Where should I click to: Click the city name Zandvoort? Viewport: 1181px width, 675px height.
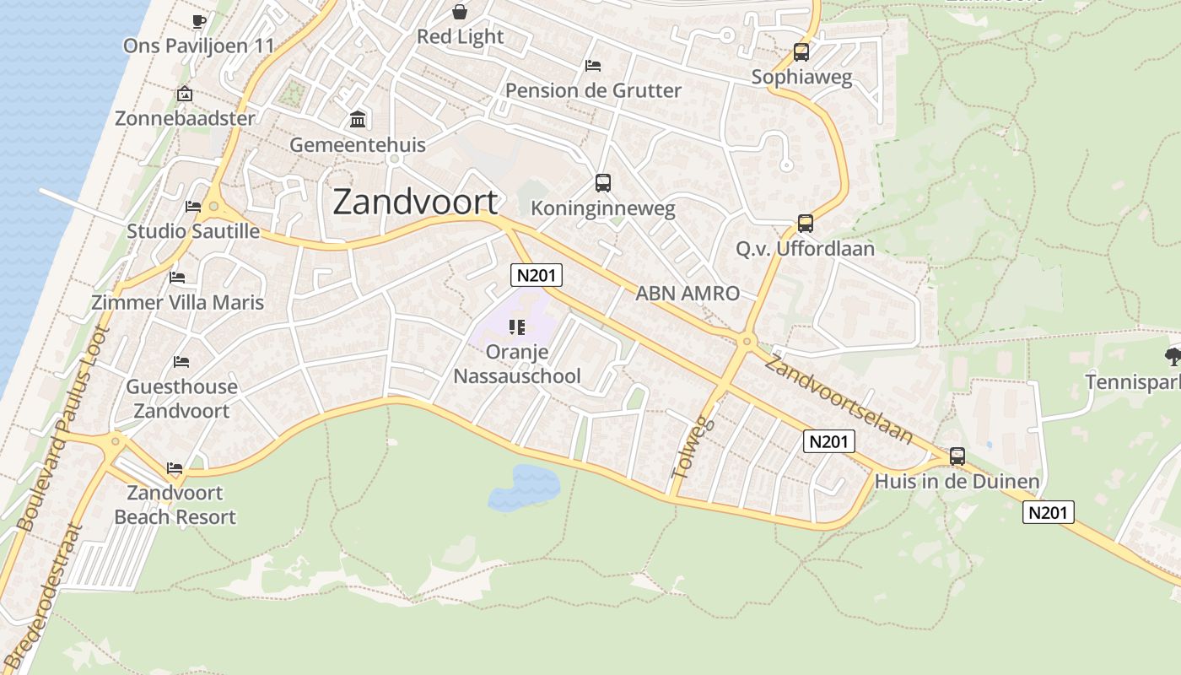coord(415,202)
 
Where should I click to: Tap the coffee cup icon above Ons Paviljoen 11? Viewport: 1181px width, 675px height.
coord(198,21)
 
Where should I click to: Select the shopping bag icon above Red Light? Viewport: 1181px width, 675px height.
coord(460,12)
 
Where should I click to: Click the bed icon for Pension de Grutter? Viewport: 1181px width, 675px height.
coord(593,66)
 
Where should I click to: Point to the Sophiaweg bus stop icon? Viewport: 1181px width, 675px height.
coord(801,52)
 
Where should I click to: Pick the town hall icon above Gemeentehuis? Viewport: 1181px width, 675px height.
coord(358,119)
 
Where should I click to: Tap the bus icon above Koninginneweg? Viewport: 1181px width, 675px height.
coord(602,182)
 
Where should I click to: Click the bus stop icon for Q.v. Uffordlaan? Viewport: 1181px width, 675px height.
coord(806,224)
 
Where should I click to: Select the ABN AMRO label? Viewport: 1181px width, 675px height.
coord(687,294)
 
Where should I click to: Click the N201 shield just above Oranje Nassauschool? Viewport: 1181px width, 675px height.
coord(536,275)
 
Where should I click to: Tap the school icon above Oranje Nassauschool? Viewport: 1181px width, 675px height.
coord(517,327)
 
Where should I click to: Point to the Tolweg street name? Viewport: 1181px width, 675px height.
coord(693,448)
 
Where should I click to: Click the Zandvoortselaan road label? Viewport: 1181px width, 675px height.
coord(840,398)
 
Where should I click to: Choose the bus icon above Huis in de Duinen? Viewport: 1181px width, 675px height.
coord(957,456)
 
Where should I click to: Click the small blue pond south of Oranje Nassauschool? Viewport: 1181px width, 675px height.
coord(525,487)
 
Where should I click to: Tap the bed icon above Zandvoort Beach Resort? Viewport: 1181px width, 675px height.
coord(175,467)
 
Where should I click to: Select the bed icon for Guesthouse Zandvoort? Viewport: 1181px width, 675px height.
coord(181,362)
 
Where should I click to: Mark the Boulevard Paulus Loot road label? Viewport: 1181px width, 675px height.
coord(64,429)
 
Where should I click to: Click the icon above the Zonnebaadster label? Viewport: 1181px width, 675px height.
coord(185,94)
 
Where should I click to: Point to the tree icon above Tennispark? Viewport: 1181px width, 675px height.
coord(1173,356)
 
